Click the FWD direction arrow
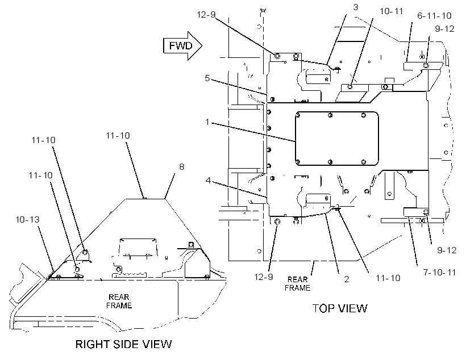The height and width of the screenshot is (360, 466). (x=182, y=46)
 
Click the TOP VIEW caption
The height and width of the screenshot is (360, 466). (x=340, y=308)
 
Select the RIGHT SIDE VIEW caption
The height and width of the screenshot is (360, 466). (x=124, y=344)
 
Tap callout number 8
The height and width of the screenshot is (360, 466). (x=182, y=166)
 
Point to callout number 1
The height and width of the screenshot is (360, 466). (x=207, y=122)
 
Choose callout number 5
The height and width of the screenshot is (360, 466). (x=207, y=78)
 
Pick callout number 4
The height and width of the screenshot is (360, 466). (x=208, y=181)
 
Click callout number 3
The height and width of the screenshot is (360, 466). (x=356, y=7)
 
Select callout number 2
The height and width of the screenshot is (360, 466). (x=347, y=279)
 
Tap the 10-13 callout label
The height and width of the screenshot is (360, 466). (x=27, y=220)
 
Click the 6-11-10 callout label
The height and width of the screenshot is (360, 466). (x=434, y=16)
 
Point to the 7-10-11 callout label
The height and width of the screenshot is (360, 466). (x=439, y=273)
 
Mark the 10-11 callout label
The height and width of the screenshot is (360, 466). (x=391, y=11)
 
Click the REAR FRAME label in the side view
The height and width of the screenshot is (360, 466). (x=119, y=301)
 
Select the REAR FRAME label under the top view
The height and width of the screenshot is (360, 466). (x=297, y=284)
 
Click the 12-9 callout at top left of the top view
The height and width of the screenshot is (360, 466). (x=206, y=14)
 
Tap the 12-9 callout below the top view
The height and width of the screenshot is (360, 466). (x=263, y=277)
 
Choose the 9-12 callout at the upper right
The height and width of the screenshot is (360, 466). (x=444, y=29)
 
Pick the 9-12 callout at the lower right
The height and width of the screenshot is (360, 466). (x=447, y=250)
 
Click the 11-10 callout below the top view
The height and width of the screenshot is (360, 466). (x=388, y=278)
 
